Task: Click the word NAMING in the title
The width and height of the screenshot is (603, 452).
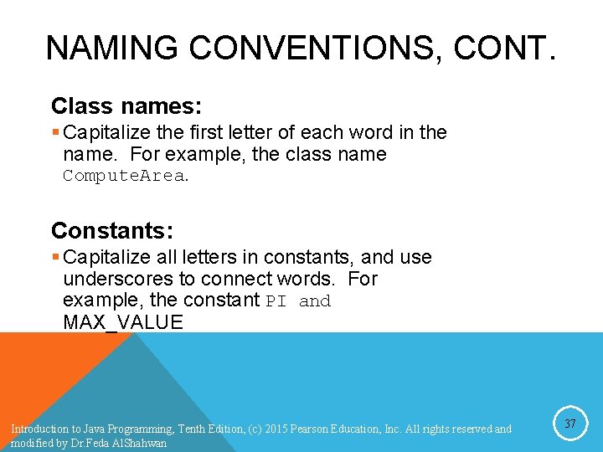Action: coord(111,49)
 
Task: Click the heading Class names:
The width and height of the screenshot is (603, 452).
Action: coord(126,106)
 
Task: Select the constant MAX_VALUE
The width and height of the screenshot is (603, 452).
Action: coord(123,322)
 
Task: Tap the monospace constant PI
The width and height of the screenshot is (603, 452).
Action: coord(276,301)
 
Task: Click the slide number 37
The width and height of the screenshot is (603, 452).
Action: coord(569,424)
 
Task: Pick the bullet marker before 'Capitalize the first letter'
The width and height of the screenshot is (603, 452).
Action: coord(55,132)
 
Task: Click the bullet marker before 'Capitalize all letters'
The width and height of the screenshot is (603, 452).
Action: coord(55,257)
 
